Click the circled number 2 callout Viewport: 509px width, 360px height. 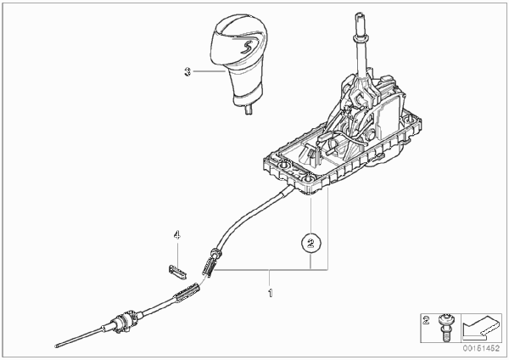click(311, 243)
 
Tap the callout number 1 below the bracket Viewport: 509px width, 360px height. click(270, 293)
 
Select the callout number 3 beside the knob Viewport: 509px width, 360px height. click(187, 72)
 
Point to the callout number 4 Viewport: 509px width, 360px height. click(177, 234)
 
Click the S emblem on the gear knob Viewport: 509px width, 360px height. click(245, 45)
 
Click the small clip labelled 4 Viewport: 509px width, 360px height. click(177, 273)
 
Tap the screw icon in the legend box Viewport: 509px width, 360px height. click(444, 327)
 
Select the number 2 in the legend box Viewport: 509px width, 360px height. click(426, 321)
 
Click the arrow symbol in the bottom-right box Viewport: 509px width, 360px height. click(480, 327)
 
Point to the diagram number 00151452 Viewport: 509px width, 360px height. click(481, 348)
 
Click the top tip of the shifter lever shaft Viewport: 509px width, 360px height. click(360, 14)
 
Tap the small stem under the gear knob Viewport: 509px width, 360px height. click(249, 110)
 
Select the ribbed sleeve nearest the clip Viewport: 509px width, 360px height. click(210, 265)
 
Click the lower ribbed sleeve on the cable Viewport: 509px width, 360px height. click(187, 292)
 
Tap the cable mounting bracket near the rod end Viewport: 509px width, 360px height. click(126, 321)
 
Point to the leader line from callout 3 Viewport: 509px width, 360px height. click(208, 71)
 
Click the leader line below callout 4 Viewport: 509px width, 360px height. click(177, 254)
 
